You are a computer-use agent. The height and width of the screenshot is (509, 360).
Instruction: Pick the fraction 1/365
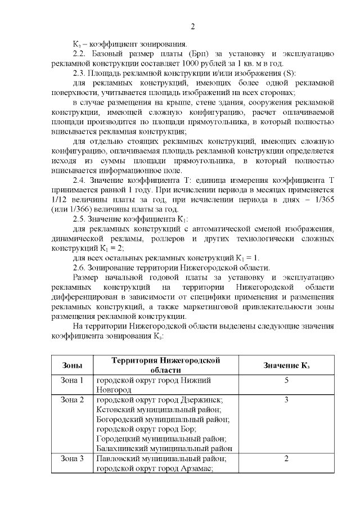(323, 200)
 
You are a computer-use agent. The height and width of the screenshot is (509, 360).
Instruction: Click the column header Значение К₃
(286, 365)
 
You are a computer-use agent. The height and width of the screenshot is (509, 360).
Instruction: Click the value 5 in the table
(286, 381)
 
